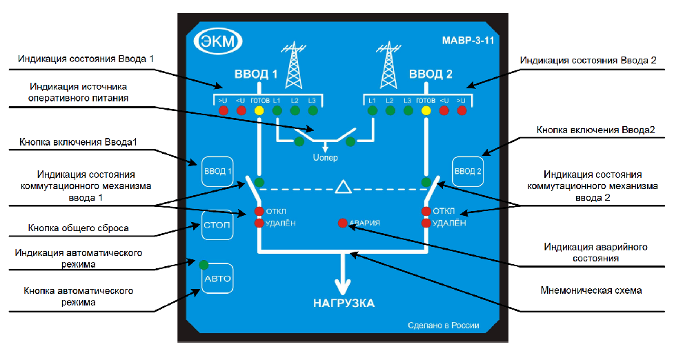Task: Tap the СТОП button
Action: [216, 225]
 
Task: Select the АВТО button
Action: [217, 279]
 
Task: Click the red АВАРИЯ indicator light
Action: [342, 223]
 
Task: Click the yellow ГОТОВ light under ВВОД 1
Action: [259, 110]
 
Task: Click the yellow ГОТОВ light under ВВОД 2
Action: [426, 110]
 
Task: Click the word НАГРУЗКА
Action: [343, 303]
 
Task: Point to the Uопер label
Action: [326, 158]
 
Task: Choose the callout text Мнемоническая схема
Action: [594, 290]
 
